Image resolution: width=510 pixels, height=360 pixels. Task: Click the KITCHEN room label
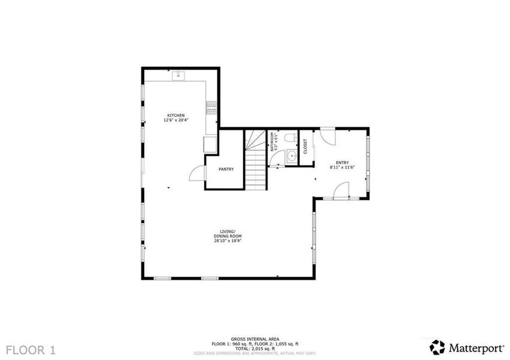(x=175, y=115)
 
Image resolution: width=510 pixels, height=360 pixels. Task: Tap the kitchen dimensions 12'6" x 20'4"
(x=175, y=120)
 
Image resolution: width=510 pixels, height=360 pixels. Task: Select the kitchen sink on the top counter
(x=178, y=76)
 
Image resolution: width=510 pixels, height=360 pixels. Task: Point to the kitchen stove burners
(x=211, y=107)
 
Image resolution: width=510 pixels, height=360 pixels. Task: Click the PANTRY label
(x=226, y=170)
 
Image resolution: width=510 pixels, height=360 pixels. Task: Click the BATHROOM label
(x=272, y=142)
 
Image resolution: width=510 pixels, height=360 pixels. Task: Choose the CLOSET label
(x=305, y=146)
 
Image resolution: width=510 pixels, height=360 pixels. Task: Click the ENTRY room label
(x=342, y=163)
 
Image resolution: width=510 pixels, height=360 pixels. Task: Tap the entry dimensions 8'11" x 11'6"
(x=342, y=167)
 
